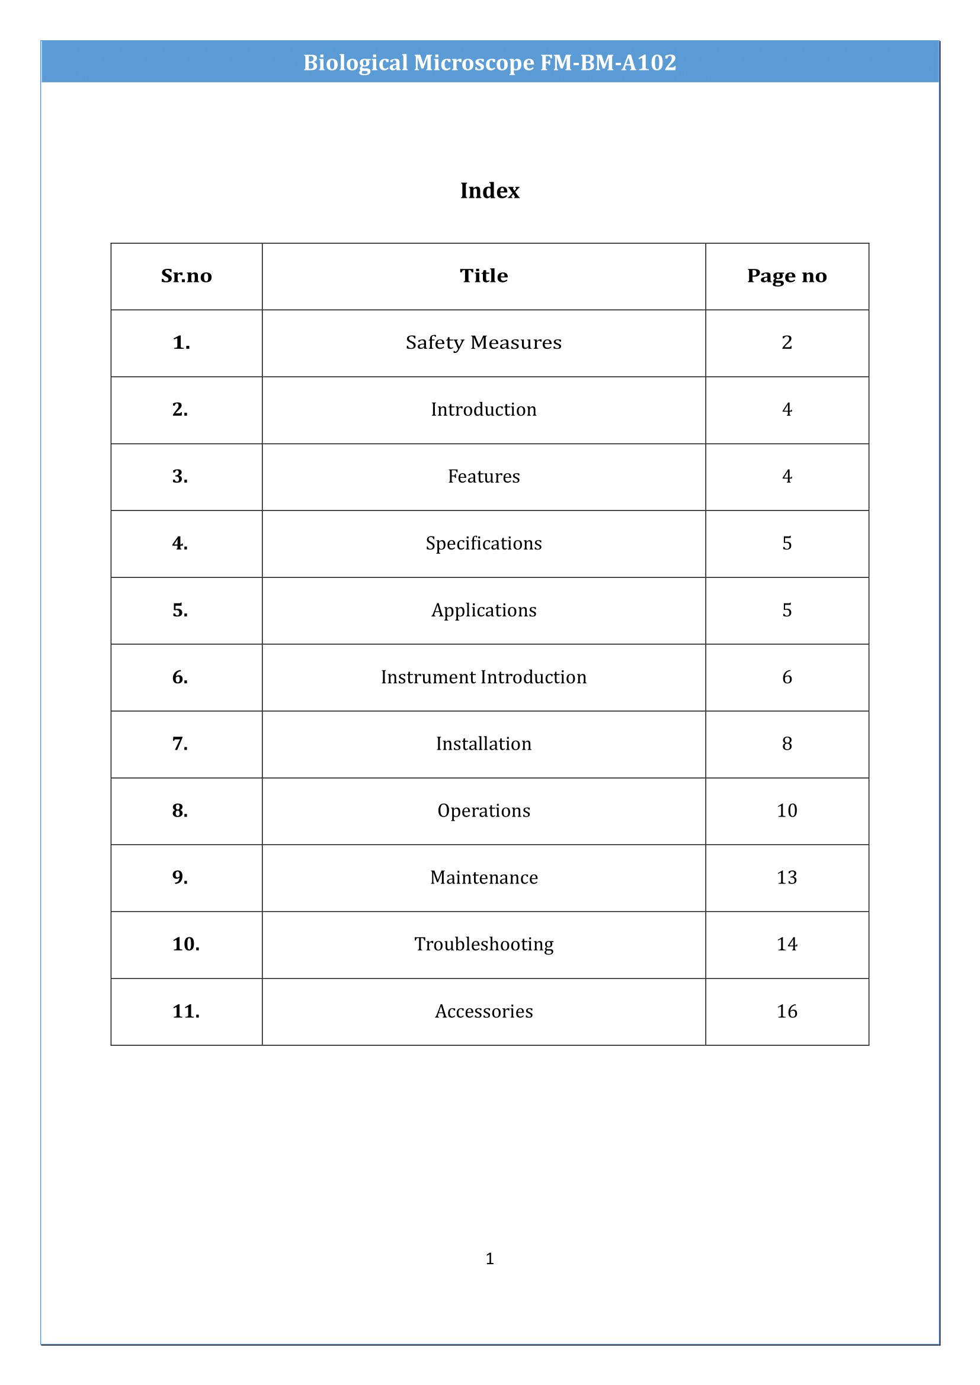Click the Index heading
pyautogui.click(x=489, y=191)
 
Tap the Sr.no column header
pyautogui.click(x=187, y=276)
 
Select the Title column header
pyautogui.click(x=483, y=276)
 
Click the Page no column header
pyautogui.click(x=786, y=276)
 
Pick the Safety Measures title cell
pyautogui.click(x=483, y=343)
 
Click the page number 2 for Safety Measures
pyautogui.click(x=786, y=343)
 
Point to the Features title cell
pyautogui.click(x=483, y=477)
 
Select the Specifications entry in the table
pyautogui.click(x=483, y=544)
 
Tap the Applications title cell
pyautogui.click(x=483, y=610)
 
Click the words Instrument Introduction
pyautogui.click(x=483, y=677)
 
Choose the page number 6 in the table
pyautogui.click(x=786, y=677)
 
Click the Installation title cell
pyautogui.click(x=483, y=744)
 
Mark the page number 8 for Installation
pyautogui.click(x=786, y=744)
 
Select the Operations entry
pyautogui.click(x=483, y=811)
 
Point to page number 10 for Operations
pyautogui.click(x=786, y=811)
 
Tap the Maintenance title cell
pyautogui.click(x=483, y=878)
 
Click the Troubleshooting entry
pyautogui.click(x=483, y=944)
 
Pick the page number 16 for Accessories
pyautogui.click(x=786, y=1011)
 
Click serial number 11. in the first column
pyautogui.click(x=186, y=1011)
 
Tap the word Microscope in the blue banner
pyautogui.click(x=474, y=63)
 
